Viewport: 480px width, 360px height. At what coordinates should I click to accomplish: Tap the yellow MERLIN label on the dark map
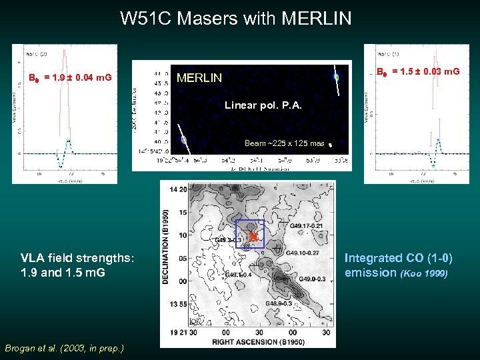click(x=199, y=78)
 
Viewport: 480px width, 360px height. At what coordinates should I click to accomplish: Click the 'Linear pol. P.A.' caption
click(x=263, y=105)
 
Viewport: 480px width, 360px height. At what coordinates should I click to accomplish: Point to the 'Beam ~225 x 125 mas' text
click(x=284, y=143)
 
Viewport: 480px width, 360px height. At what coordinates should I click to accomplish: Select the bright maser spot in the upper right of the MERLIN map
click(x=337, y=77)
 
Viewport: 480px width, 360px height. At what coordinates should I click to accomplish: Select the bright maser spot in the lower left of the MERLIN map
click(x=184, y=140)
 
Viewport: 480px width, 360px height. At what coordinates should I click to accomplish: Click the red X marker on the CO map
click(x=253, y=237)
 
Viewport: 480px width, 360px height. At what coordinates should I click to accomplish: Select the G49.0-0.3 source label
click(x=313, y=279)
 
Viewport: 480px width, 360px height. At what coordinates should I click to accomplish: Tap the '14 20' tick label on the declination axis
click(x=179, y=189)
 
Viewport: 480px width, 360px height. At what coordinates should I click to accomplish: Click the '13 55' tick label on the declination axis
click(x=179, y=304)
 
